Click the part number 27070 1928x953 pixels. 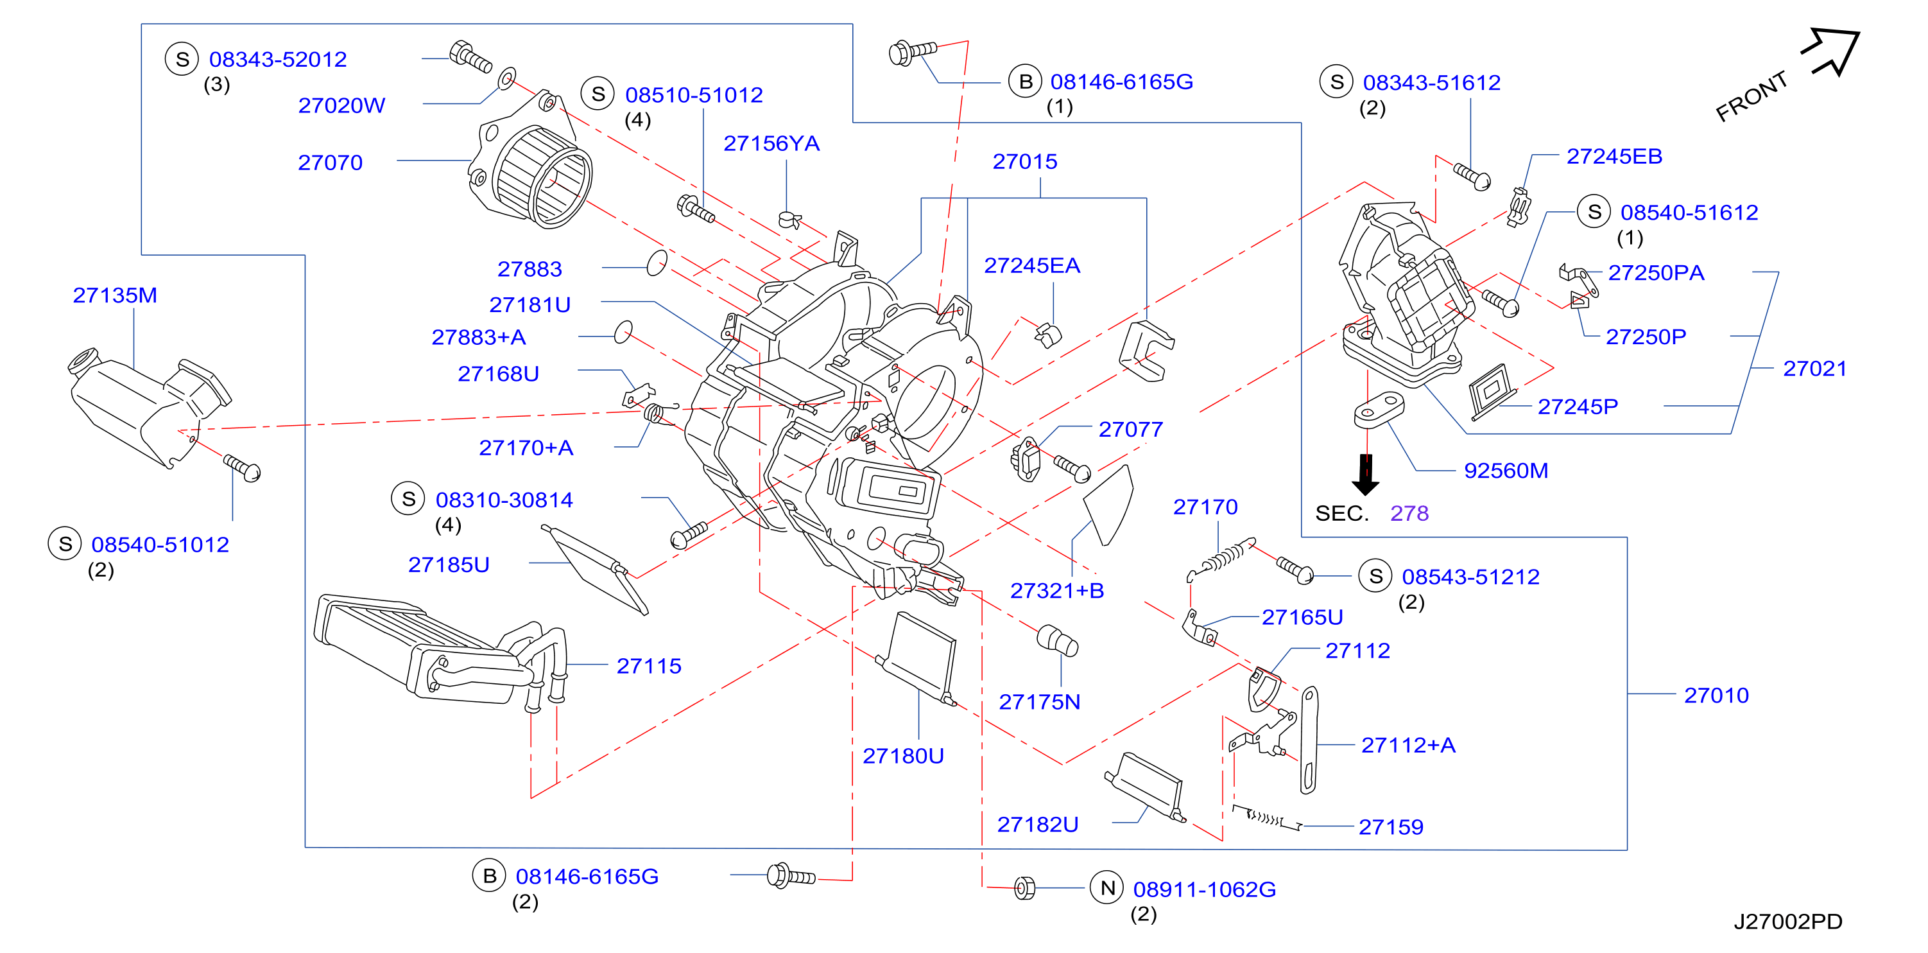tap(330, 162)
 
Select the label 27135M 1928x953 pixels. tap(114, 295)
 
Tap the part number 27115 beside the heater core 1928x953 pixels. tap(649, 665)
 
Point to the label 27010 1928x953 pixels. tap(1716, 695)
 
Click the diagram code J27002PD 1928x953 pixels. tap(1788, 921)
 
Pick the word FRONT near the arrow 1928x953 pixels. tap(1752, 96)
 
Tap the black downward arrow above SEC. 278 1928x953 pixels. tap(1366, 475)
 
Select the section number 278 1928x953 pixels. tap(1409, 513)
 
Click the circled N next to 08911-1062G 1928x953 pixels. tap(1107, 888)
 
